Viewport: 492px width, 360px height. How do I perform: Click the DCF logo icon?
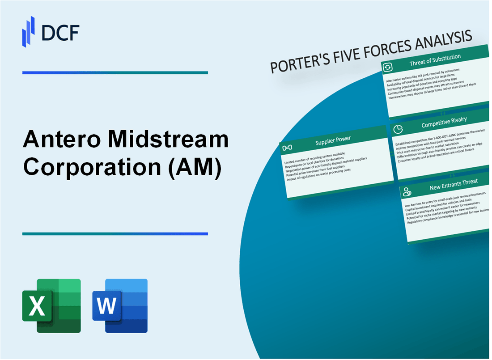click(x=29, y=31)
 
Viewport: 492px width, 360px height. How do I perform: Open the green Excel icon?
click(x=51, y=305)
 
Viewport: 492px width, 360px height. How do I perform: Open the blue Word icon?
click(x=120, y=305)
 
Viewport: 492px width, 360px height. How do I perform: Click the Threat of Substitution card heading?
click(x=435, y=60)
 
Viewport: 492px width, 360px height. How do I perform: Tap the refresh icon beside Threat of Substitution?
click(x=387, y=67)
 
